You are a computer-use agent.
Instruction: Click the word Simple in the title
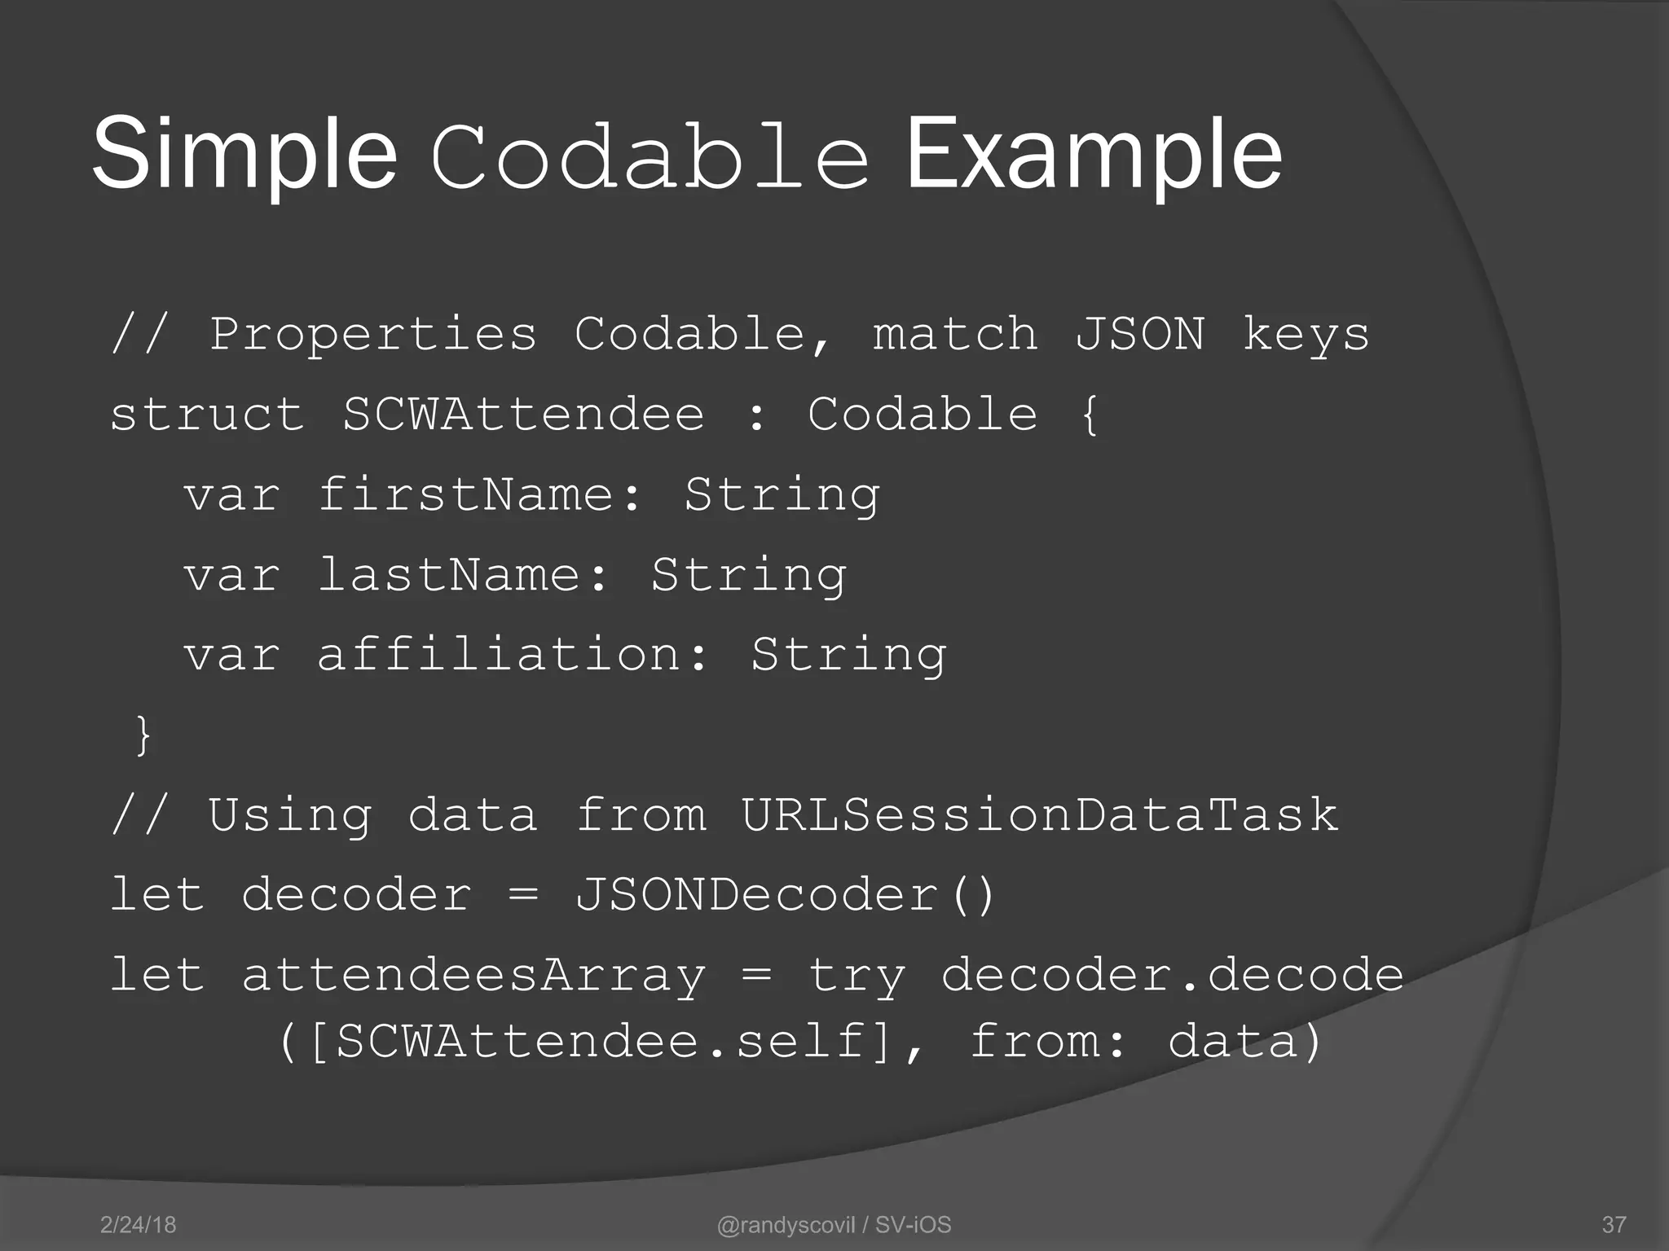click(244, 155)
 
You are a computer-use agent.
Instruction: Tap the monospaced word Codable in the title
click(650, 156)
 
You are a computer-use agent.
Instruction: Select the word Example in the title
click(1094, 155)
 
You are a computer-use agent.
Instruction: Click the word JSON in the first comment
click(1139, 334)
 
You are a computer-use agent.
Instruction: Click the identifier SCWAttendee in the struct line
click(523, 414)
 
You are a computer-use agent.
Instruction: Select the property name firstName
click(465, 494)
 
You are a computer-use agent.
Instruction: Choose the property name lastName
click(448, 574)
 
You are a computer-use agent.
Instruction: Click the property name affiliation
click(498, 654)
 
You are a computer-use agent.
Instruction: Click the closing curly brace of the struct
click(143, 735)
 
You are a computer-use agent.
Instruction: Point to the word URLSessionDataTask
click(1039, 814)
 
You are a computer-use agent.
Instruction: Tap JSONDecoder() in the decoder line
click(785, 894)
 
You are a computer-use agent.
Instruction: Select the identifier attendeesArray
click(473, 976)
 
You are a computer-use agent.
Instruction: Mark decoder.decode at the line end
click(1172, 975)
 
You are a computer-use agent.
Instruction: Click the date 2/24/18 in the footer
click(138, 1225)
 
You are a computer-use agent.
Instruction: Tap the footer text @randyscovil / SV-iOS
click(834, 1225)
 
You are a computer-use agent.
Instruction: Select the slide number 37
click(1614, 1225)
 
